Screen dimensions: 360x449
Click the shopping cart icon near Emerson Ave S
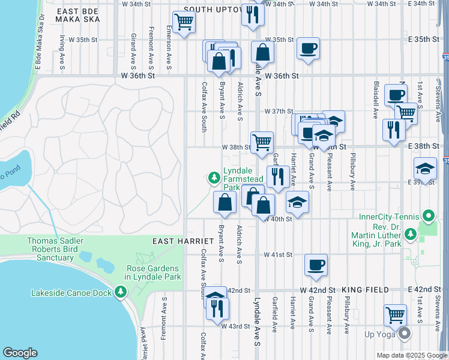[x=184, y=23]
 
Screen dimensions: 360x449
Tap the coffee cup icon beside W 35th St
[x=309, y=49]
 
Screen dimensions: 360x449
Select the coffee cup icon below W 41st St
[x=316, y=265]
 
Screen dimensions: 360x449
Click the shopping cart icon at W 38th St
[x=262, y=143]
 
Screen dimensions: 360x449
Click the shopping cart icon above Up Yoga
[x=395, y=314]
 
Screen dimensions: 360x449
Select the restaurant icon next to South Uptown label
[x=253, y=13]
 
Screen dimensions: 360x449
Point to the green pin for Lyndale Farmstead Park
[x=214, y=178]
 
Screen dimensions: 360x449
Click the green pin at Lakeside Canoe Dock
[x=121, y=292]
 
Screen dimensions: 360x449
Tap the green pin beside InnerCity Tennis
[x=427, y=215]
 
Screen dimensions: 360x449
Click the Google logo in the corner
[x=20, y=353]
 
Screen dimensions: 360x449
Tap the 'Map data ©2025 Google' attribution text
[x=411, y=355]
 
